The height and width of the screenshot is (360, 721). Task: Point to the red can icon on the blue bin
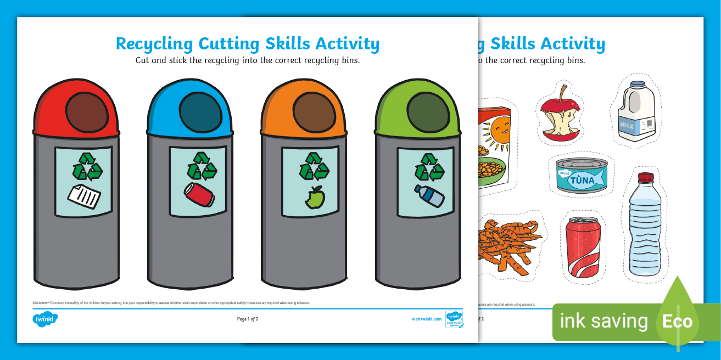tap(199, 194)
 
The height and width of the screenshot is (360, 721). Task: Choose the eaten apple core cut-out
tap(560, 117)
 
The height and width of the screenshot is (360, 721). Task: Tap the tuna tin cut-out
tap(581, 176)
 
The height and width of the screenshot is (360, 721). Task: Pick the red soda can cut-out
tap(583, 246)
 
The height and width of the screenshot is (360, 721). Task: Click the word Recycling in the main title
tap(154, 44)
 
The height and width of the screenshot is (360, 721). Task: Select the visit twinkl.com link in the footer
tap(427, 319)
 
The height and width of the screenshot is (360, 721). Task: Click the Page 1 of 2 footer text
tap(248, 319)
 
